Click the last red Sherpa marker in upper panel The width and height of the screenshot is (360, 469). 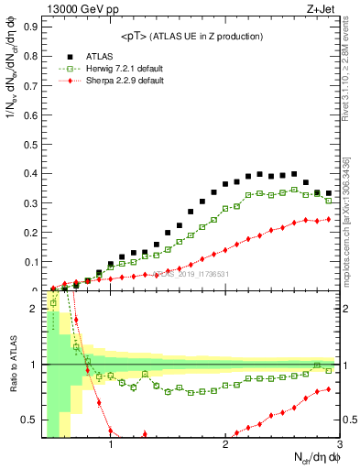(329, 219)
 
